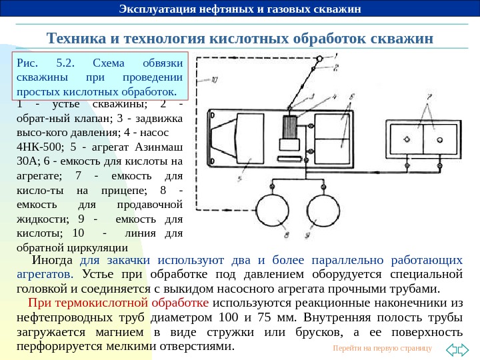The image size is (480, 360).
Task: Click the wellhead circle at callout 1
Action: point(319,59)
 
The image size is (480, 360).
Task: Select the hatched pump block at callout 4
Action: point(289,127)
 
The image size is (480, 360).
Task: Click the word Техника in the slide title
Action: point(73,37)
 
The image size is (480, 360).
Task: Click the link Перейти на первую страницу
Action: point(382,349)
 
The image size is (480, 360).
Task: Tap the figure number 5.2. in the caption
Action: point(66,63)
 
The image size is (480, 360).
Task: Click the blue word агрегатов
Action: point(45,274)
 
